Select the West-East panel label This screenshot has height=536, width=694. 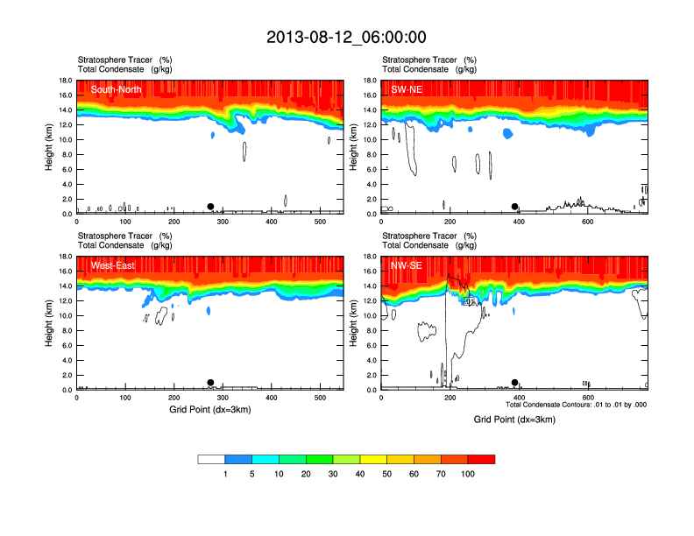tap(111, 265)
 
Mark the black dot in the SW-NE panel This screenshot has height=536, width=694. tap(515, 207)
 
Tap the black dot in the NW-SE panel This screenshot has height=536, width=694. tap(515, 383)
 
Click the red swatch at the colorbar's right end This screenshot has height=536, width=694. tap(482, 459)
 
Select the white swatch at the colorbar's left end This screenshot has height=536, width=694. tap(212, 459)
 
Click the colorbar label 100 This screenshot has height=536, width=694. tap(468, 474)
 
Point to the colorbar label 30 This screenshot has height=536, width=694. tap(333, 474)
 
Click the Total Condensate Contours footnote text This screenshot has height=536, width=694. tap(577, 405)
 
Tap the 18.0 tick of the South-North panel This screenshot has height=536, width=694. tap(64, 81)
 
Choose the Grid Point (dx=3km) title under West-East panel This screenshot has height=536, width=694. tap(210, 410)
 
